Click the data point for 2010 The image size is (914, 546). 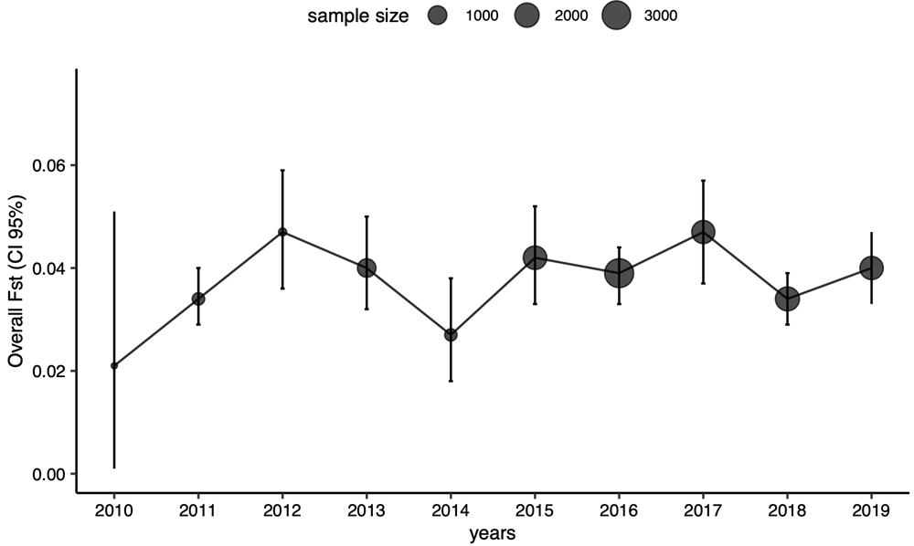114,365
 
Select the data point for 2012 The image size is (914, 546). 282,232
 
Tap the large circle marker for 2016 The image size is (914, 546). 619,273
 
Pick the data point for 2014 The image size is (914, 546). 451,335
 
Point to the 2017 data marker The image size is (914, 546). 704,232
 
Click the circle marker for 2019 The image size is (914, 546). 871,268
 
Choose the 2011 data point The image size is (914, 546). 198,299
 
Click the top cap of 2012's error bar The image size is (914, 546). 282,170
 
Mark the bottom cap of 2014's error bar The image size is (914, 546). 451,381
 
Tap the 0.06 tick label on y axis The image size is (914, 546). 49,165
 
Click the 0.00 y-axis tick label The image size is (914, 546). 49,475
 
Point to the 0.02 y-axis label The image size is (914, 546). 49,372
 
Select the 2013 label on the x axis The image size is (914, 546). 367,510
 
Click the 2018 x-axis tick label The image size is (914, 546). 788,510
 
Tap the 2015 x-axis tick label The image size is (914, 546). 535,510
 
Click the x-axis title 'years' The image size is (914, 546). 493,533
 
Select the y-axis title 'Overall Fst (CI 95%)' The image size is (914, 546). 16,282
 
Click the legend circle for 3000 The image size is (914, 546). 617,16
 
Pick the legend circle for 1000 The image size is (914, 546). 437,16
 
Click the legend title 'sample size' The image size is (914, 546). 358,16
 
